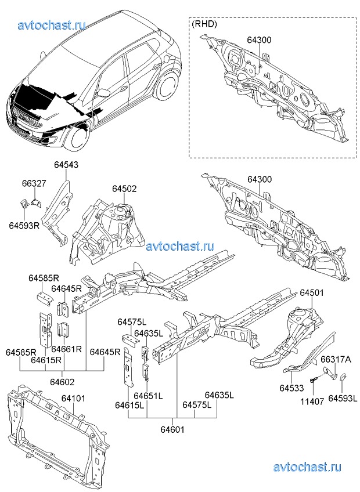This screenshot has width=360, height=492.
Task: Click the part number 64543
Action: pos(66,165)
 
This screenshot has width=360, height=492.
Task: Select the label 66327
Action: pos(34,183)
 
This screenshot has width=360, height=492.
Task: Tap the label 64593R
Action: pos(24,225)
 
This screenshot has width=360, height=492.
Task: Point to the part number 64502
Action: pos(124,189)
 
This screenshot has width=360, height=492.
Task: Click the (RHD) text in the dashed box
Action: pos(204,24)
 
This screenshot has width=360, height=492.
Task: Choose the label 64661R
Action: pos(67,349)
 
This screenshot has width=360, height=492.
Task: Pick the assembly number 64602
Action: pos(62,382)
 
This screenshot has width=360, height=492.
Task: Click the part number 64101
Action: pos(73,398)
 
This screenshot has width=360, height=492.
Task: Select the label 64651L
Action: pos(148,396)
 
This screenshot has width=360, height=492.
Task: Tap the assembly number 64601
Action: pos(172,429)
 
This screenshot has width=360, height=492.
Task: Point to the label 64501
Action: pos(312,292)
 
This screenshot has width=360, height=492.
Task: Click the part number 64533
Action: pos(292,388)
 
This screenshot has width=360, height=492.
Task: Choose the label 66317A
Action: pos(336,359)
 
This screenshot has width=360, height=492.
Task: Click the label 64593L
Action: pos(343,398)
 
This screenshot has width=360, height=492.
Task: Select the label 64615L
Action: pos(129,406)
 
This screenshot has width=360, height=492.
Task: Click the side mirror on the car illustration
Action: pos(103,93)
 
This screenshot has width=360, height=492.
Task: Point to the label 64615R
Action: pos(46,360)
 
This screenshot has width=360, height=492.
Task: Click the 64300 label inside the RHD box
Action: pos(259,40)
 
